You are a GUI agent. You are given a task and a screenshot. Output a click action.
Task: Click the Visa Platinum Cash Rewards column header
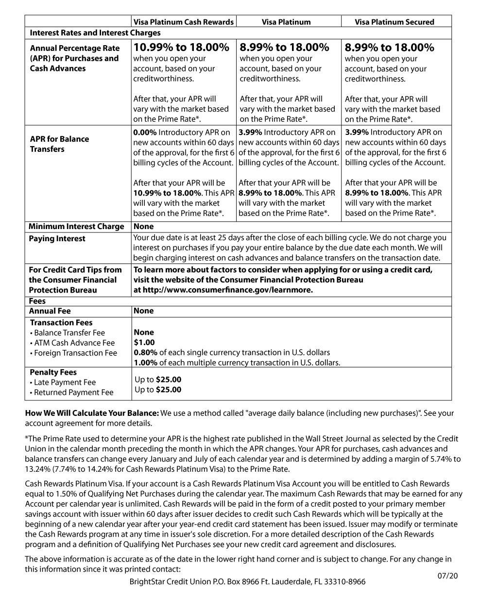click(184, 22)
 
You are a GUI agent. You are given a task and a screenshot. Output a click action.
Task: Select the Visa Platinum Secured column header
click(394, 22)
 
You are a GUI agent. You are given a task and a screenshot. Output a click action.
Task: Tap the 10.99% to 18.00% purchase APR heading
click(181, 48)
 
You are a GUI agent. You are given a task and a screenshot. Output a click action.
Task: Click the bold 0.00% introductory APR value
click(145, 132)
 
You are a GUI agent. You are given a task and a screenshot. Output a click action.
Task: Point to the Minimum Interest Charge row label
click(76, 227)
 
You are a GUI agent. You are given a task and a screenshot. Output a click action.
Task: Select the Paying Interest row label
click(57, 239)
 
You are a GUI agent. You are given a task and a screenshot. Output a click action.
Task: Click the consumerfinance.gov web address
click(223, 290)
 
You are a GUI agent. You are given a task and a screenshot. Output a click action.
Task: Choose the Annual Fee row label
click(50, 311)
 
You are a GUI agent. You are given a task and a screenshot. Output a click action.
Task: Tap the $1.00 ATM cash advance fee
click(144, 343)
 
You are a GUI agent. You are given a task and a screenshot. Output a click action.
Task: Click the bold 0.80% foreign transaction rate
click(145, 352)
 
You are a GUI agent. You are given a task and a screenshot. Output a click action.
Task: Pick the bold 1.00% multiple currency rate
click(145, 363)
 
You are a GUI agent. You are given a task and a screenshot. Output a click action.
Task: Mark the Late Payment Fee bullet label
click(65, 382)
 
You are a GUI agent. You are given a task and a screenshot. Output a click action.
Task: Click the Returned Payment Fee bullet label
click(73, 393)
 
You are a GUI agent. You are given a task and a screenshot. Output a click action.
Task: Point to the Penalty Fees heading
click(53, 372)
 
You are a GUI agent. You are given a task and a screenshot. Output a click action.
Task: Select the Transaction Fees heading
click(61, 323)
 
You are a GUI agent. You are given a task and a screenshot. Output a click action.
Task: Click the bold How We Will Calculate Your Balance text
click(92, 413)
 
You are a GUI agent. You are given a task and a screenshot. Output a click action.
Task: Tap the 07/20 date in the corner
click(447, 576)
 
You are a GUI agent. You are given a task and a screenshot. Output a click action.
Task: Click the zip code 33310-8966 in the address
click(346, 581)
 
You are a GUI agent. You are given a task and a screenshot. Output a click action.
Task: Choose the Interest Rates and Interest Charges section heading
click(95, 33)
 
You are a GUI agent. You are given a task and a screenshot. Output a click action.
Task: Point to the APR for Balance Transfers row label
click(59, 144)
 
